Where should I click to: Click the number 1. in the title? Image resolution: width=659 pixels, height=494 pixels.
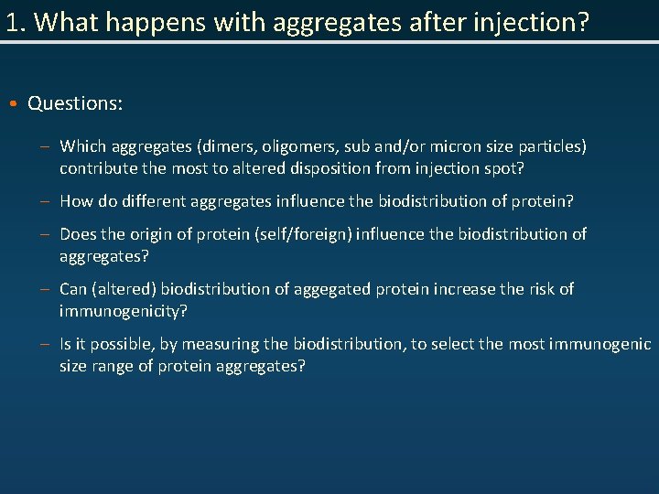(x=14, y=22)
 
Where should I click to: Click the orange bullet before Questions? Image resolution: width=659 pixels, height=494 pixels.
(x=17, y=103)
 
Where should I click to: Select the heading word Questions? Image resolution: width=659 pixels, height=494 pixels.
(x=75, y=103)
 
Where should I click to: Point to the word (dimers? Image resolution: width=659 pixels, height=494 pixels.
(x=227, y=146)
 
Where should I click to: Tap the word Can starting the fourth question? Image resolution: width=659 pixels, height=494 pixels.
(x=73, y=289)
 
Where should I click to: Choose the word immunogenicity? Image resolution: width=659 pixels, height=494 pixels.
(x=123, y=311)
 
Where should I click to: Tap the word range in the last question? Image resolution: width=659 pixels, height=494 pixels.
(x=113, y=366)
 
